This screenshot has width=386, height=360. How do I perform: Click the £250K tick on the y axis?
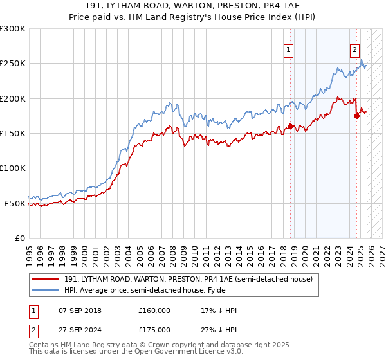13,64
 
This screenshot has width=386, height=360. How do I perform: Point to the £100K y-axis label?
13,168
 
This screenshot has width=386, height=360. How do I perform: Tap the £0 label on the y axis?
19,238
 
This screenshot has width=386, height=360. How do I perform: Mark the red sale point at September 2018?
290,127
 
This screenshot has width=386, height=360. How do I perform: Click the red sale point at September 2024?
357,116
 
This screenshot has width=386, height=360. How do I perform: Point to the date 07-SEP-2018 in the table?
84,310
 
